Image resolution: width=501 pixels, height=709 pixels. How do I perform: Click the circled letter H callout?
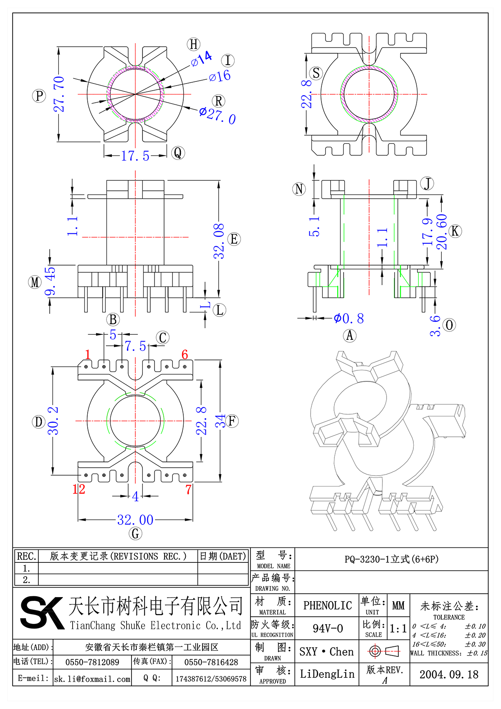[194, 44]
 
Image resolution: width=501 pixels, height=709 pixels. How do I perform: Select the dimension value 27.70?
[59, 94]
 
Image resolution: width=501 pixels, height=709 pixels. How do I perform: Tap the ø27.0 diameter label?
[217, 115]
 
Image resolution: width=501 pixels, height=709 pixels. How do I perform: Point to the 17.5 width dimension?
[135, 156]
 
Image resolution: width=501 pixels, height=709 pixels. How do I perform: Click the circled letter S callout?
[316, 73]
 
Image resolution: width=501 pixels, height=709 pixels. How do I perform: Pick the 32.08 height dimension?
[219, 241]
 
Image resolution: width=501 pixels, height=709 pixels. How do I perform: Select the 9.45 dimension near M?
[50, 281]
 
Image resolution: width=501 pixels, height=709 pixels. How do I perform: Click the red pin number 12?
[78, 489]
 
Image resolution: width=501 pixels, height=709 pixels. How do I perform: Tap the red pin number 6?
[185, 354]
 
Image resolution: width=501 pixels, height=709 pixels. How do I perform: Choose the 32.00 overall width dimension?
[135, 520]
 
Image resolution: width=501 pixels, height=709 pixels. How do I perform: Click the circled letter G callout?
[135, 534]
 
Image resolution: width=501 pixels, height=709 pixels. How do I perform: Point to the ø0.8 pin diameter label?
[349, 319]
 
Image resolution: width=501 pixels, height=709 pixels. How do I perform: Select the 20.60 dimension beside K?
[442, 232]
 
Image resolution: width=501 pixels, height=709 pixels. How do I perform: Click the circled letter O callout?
[449, 325]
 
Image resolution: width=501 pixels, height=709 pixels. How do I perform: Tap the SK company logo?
[42, 613]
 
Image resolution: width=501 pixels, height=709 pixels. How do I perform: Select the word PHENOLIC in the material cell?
[327, 605]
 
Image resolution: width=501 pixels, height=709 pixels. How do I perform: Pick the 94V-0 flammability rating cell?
[327, 628]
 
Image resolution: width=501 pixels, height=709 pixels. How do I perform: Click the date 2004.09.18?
[449, 674]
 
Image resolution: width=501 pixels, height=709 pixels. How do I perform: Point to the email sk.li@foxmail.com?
[92, 679]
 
